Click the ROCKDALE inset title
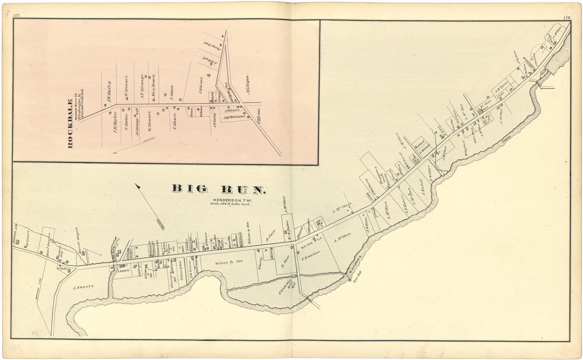(x=70, y=123)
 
